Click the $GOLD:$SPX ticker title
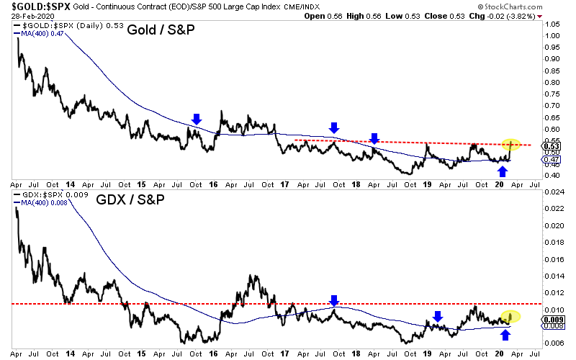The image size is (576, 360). coord(34,6)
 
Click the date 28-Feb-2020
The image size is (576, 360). coord(23,16)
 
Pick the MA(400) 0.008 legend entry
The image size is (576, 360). coord(41,204)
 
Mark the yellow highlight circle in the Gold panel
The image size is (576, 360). coord(510,145)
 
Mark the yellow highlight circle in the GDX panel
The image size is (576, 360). coord(510,315)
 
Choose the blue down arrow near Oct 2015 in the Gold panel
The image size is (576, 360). coord(196,120)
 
